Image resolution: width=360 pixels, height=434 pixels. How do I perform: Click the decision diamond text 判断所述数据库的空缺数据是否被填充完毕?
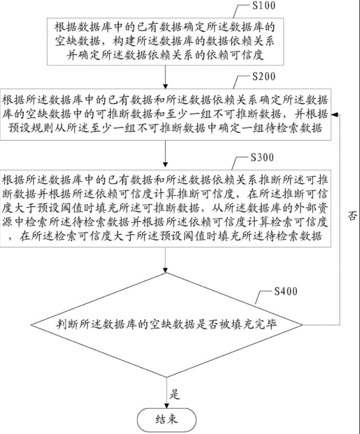[x=168, y=324]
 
